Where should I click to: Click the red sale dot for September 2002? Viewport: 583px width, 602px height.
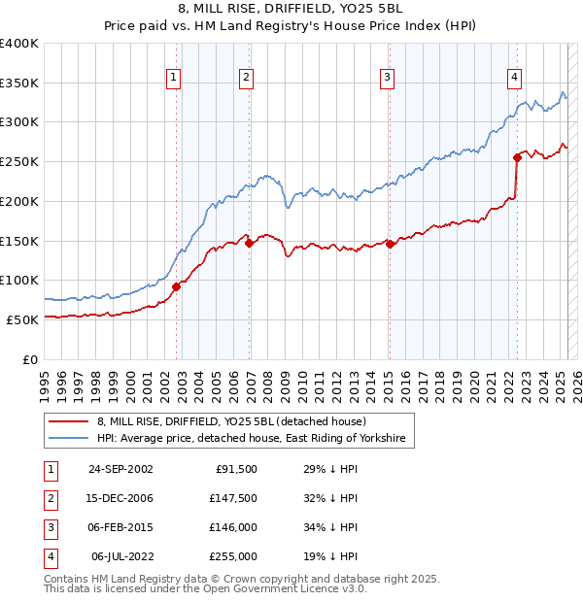[x=177, y=286]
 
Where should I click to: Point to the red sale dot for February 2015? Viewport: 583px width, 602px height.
[x=390, y=244]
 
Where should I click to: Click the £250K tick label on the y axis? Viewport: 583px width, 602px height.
[x=19, y=161]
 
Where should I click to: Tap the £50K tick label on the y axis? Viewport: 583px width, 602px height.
[x=22, y=319]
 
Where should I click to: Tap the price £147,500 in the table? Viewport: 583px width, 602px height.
[x=233, y=497]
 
